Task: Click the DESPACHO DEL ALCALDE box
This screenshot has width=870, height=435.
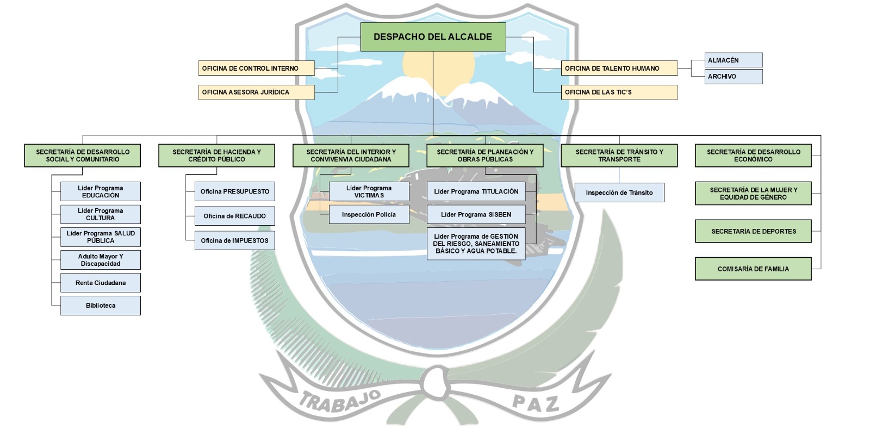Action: click(x=433, y=37)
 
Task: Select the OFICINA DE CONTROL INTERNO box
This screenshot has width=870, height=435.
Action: click(x=256, y=68)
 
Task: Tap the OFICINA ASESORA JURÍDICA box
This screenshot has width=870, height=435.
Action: click(x=256, y=92)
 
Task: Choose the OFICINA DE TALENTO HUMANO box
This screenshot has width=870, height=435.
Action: click(x=619, y=68)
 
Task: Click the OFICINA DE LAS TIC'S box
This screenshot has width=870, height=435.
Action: click(x=619, y=92)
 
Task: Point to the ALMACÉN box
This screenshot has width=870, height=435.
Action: click(x=734, y=60)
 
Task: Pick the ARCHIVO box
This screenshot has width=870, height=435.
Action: click(x=734, y=77)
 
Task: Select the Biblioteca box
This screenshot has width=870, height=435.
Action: click(x=101, y=306)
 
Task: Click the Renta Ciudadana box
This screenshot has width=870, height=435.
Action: click(x=101, y=283)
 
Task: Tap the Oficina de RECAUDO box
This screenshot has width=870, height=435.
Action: click(x=234, y=216)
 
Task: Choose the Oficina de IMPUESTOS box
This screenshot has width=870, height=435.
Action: click(x=234, y=240)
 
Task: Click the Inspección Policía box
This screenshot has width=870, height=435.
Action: click(x=369, y=214)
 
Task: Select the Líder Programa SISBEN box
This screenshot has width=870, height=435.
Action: click(x=476, y=214)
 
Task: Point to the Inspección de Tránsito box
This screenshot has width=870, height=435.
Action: click(x=619, y=192)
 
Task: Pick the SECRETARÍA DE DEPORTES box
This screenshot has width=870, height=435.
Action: click(x=754, y=231)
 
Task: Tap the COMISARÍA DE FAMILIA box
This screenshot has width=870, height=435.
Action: click(x=754, y=269)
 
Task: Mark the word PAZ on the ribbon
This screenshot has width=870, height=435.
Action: click(x=536, y=403)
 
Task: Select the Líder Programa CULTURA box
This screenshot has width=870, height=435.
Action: click(x=101, y=214)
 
